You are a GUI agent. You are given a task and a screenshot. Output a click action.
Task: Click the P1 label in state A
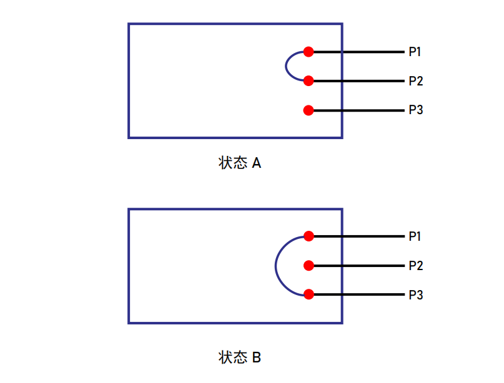pyautogui.click(x=415, y=52)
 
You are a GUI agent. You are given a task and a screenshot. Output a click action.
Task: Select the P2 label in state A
pyautogui.click(x=415, y=81)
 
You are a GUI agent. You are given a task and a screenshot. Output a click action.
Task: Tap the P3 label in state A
pyautogui.click(x=415, y=110)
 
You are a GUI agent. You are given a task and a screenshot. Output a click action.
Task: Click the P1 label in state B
pyautogui.click(x=415, y=236)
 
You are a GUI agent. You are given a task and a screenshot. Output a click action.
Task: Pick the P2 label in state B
pyautogui.click(x=415, y=266)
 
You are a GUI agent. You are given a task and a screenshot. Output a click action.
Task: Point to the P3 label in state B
pyautogui.click(x=415, y=294)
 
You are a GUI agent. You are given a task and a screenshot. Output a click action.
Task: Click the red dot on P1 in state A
pyautogui.click(x=309, y=52)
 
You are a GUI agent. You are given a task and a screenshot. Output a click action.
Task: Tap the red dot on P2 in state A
pyautogui.click(x=309, y=81)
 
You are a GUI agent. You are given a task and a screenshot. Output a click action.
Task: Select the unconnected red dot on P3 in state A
pyautogui.click(x=309, y=110)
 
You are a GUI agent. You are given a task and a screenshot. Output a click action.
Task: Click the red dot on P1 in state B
pyautogui.click(x=309, y=236)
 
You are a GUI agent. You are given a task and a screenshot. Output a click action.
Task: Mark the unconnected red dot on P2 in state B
pyautogui.click(x=309, y=266)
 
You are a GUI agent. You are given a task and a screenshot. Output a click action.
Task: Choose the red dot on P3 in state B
pyautogui.click(x=309, y=294)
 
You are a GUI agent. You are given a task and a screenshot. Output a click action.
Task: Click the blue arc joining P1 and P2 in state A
pyautogui.click(x=286, y=66)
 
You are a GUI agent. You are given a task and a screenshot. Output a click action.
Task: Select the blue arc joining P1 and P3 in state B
pyautogui.click(x=275, y=266)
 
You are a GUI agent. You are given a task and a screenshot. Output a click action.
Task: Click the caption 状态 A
pyautogui.click(x=239, y=163)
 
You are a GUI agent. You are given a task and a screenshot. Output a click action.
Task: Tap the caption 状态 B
pyautogui.click(x=239, y=357)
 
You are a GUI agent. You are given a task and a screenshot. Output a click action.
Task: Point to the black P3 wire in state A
pyautogui.click(x=358, y=110)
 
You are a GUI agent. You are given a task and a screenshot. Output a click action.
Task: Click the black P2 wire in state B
pyautogui.click(x=359, y=266)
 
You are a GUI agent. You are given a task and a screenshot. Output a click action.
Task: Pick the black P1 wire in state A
pyautogui.click(x=358, y=52)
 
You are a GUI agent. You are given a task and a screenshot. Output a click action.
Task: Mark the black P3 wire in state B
pyautogui.click(x=359, y=294)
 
